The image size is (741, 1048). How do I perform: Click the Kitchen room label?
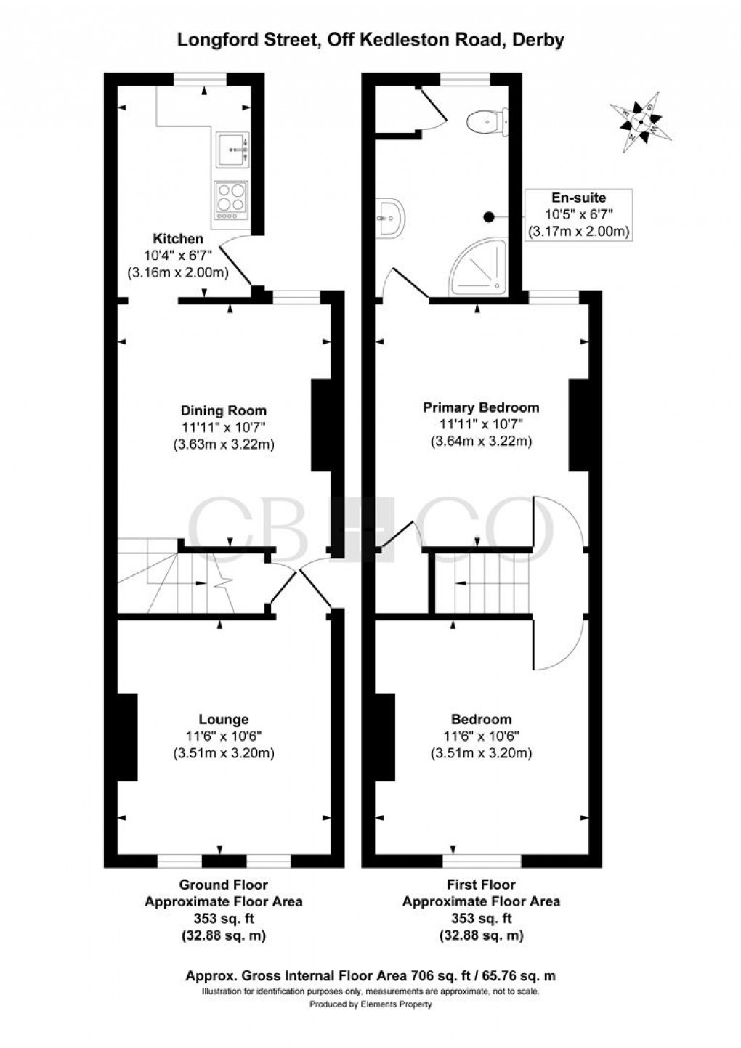point(178,238)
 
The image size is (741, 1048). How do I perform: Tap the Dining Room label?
point(224,410)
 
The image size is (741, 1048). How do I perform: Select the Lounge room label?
point(224,719)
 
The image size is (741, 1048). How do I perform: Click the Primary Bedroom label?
point(481,407)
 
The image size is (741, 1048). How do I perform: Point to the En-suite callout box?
point(578,215)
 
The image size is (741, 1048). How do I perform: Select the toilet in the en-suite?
point(487,121)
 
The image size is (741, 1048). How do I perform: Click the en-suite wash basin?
point(390,216)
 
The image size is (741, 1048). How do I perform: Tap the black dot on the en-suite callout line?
point(489,216)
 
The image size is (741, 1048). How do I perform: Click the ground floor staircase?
point(178,577)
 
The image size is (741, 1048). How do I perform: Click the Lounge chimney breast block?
point(128,736)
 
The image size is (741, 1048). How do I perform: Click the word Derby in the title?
point(538,41)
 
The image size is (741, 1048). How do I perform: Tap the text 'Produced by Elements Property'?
point(370,1004)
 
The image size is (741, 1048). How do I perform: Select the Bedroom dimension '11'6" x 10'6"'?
point(481,736)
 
